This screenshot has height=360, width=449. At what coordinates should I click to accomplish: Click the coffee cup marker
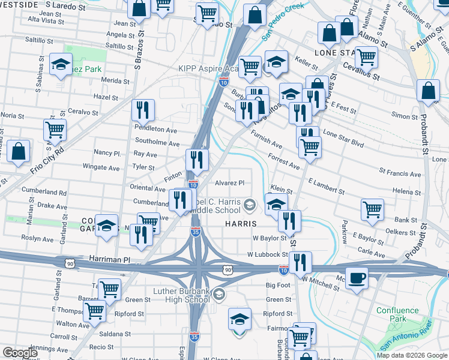357,278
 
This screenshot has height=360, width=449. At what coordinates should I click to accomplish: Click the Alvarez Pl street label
230,183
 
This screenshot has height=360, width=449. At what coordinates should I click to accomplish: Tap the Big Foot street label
278,286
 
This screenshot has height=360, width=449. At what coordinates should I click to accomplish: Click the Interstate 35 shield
196,232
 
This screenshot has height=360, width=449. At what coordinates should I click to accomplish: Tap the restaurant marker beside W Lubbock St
300,262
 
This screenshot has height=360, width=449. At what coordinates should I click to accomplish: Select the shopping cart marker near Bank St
372,210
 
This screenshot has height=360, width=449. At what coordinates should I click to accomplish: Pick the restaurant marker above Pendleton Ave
142,110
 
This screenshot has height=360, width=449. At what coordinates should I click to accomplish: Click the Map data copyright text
411,355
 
